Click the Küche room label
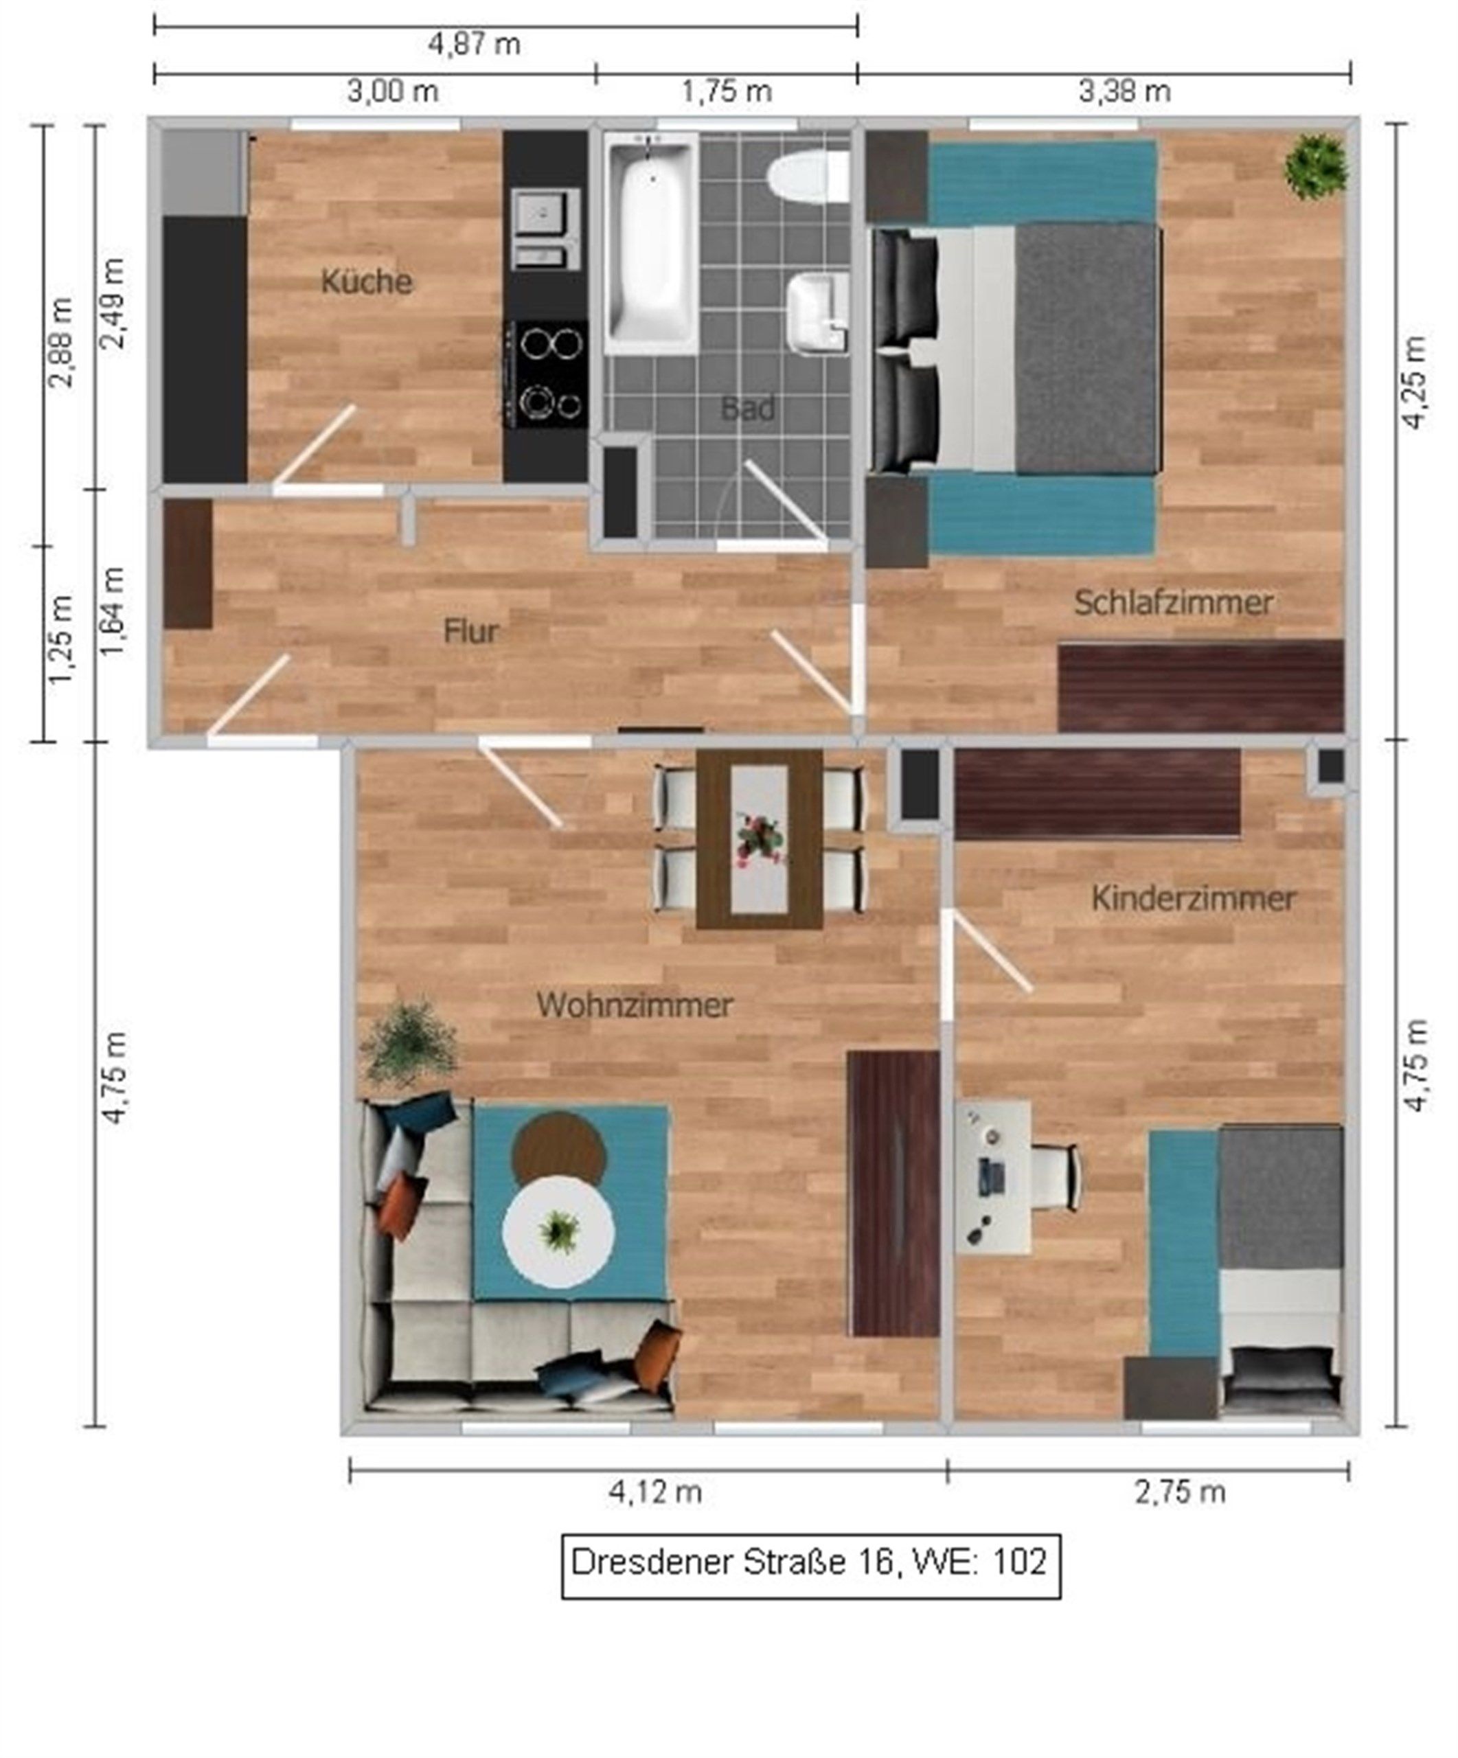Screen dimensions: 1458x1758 [367, 282]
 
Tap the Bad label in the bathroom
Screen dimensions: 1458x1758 [747, 409]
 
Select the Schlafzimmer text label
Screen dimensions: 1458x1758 [1174, 603]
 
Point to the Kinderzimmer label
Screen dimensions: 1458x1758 [1194, 899]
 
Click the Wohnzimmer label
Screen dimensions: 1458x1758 [635, 1005]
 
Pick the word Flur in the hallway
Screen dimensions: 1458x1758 [471, 631]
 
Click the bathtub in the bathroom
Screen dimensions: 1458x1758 [651, 243]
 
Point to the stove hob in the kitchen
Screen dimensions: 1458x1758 [546, 374]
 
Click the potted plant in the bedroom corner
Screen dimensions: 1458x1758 [1317, 165]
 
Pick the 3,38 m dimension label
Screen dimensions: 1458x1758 [1124, 91]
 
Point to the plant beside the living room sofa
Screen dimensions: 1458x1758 [410, 1044]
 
